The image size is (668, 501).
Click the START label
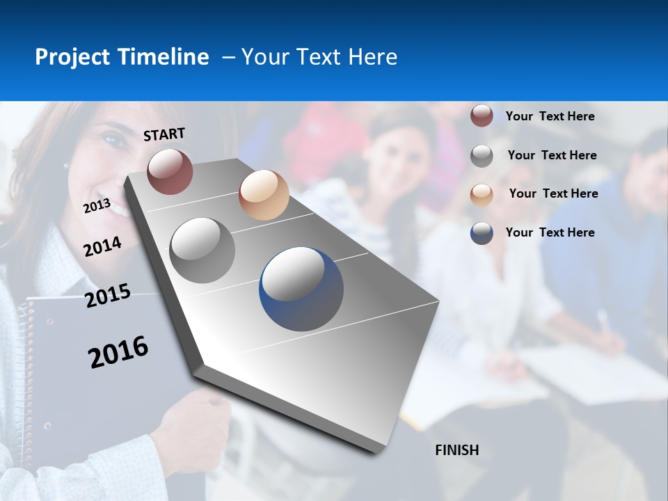pos(164,134)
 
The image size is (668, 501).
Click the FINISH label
pos(456,450)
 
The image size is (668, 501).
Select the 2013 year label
pos(97,205)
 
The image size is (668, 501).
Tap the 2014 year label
pos(102,246)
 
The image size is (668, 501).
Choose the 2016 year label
pos(118,352)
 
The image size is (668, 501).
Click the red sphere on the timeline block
pos(170,171)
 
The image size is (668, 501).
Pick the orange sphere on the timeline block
pos(264,195)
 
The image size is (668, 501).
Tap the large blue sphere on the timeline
pos(301,289)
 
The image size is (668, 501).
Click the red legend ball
pos(482,116)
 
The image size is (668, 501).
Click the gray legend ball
pos(482,155)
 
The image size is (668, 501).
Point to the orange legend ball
pos(482,194)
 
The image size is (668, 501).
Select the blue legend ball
pos(482,232)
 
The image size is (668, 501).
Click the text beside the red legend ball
pos(550,116)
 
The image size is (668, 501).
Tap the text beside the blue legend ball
pos(550,232)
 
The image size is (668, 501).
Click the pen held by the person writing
pos(603,321)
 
